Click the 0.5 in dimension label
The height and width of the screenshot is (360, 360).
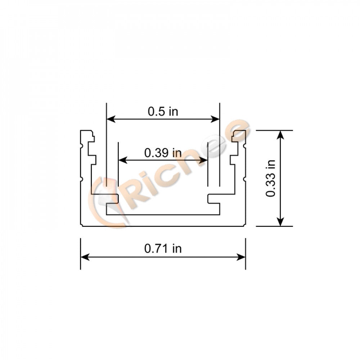163,112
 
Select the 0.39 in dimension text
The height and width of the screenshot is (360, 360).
163,153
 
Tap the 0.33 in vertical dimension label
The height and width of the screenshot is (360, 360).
270,178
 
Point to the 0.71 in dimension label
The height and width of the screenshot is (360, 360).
163,248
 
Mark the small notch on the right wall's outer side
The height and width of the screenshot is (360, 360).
245,178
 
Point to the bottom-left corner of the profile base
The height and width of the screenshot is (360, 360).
81,225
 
